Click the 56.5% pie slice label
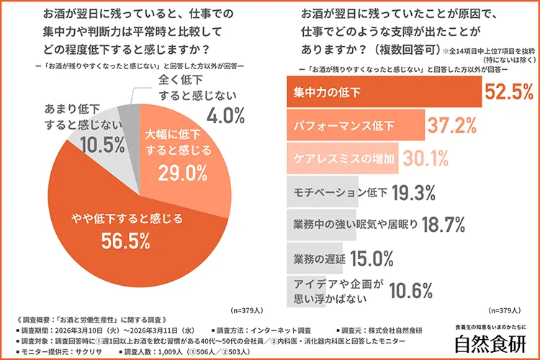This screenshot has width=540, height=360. [122, 239]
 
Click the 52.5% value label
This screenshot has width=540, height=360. [508, 91]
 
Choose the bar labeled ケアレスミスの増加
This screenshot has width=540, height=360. [338, 158]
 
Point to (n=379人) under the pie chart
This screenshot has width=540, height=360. [245, 310]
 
